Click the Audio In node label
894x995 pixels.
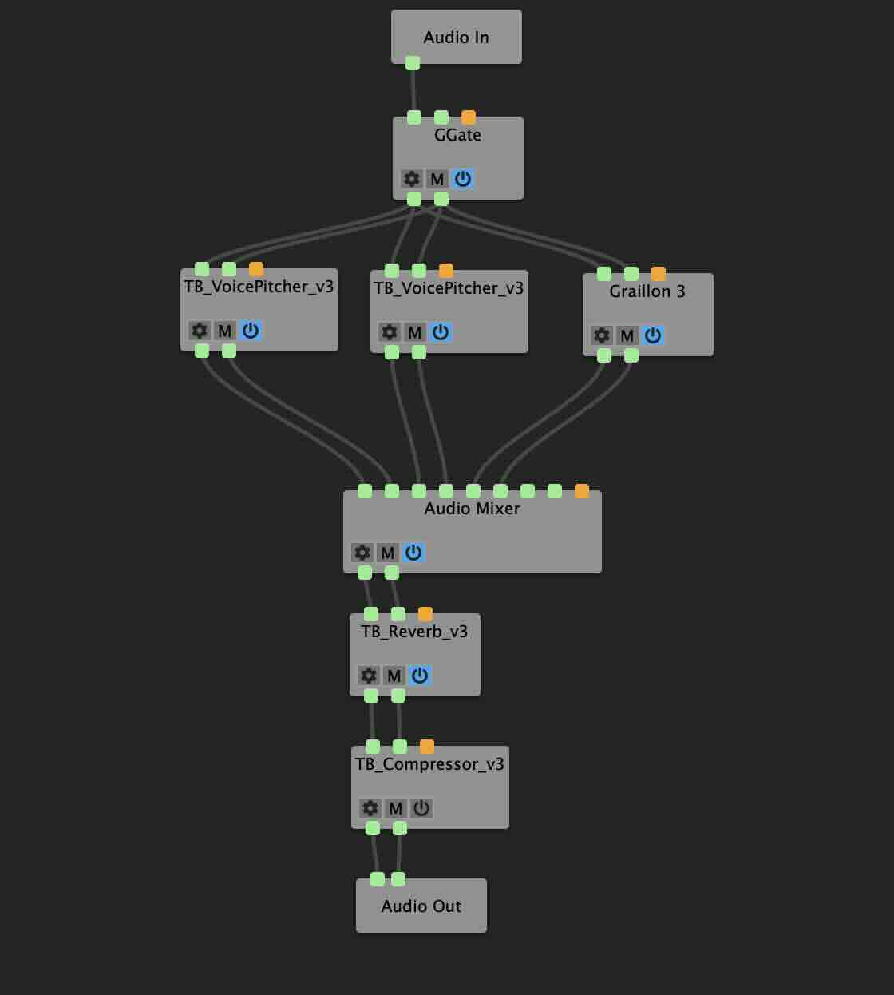pyautogui.click(x=456, y=38)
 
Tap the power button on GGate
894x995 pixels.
pyautogui.click(x=463, y=179)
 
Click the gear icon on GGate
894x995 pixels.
pyautogui.click(x=412, y=179)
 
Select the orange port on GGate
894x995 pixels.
pyautogui.click(x=469, y=117)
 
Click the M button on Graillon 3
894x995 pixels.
pyautogui.click(x=627, y=335)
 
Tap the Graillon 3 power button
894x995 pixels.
pyautogui.click(x=653, y=335)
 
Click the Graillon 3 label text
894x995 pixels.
pyautogui.click(x=647, y=291)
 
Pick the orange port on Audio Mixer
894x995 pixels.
pyautogui.click(x=582, y=491)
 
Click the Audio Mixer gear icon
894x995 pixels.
pyautogui.click(x=362, y=553)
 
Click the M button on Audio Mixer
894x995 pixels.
pyautogui.click(x=388, y=553)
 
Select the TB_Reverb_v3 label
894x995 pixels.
pyautogui.click(x=414, y=632)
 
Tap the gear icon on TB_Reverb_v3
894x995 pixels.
pyautogui.click(x=369, y=676)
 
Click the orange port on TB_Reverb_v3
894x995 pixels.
pyautogui.click(x=425, y=614)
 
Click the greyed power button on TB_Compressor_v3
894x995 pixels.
pyautogui.click(x=421, y=808)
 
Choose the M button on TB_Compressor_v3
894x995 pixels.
pyautogui.click(x=396, y=808)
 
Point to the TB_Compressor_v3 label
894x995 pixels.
pyautogui.click(x=429, y=764)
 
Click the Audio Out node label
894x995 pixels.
pyautogui.click(x=421, y=906)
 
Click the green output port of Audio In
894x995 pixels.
pyautogui.click(x=413, y=63)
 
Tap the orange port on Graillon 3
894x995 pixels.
pyautogui.click(x=659, y=274)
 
